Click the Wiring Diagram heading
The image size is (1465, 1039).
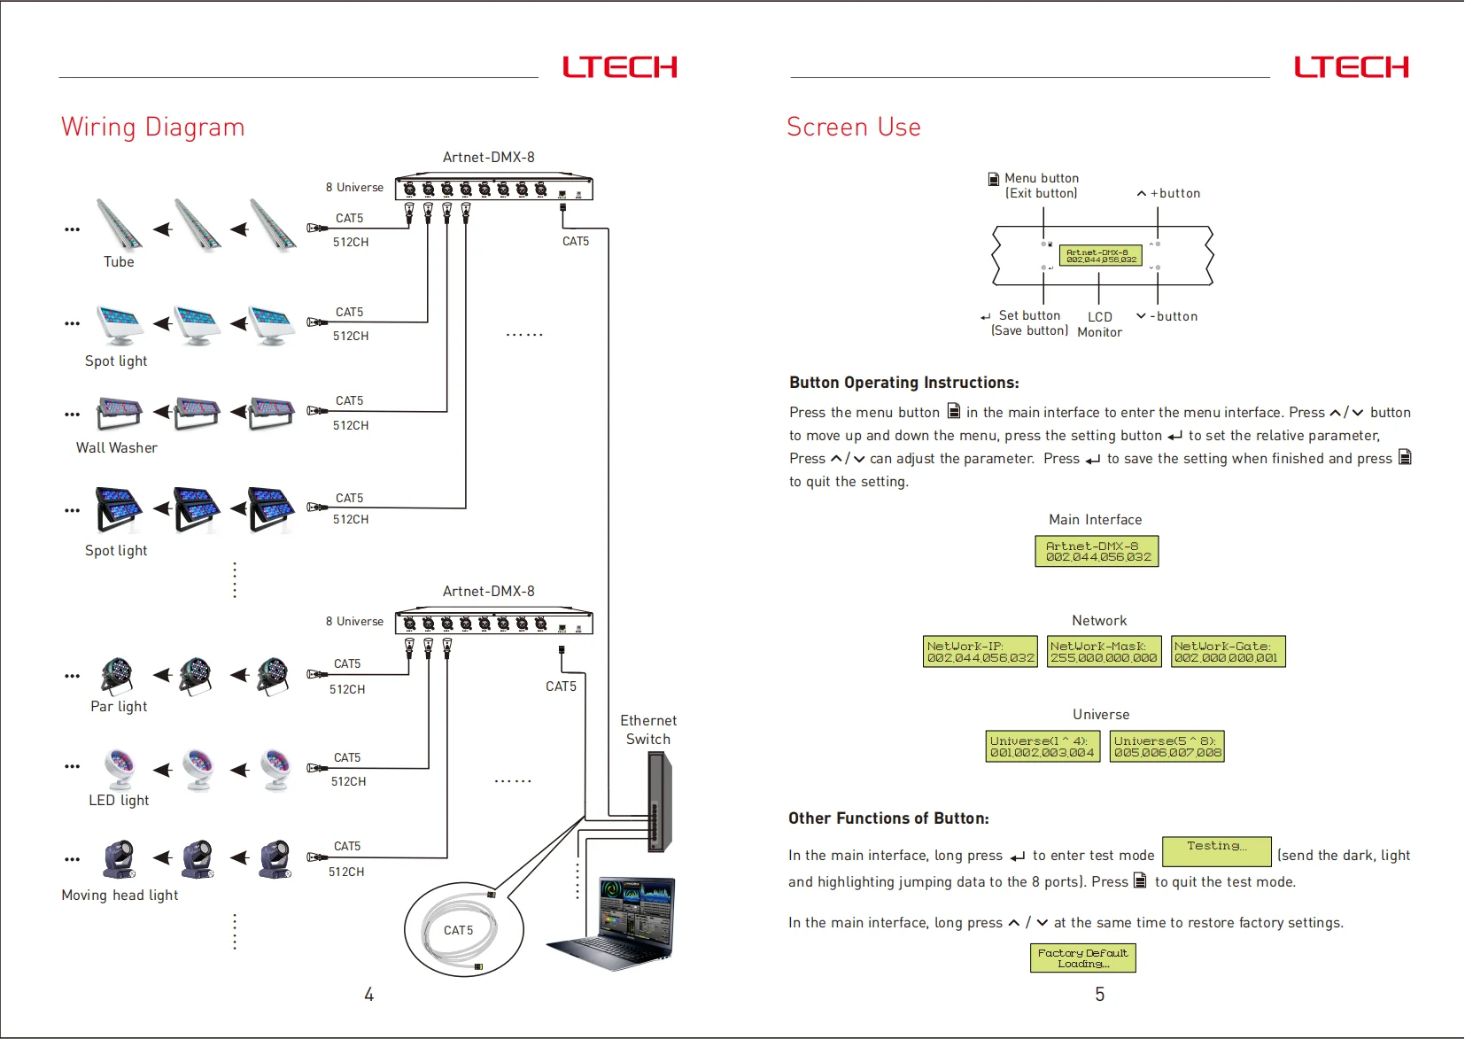tap(152, 128)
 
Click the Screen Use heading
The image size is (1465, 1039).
tap(853, 128)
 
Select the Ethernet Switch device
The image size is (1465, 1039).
tap(660, 801)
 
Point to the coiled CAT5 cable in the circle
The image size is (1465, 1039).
tap(462, 929)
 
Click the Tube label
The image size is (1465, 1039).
tap(119, 262)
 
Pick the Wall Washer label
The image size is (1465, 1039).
tap(117, 448)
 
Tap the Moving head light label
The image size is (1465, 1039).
tap(120, 896)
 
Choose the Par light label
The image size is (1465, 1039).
tap(119, 707)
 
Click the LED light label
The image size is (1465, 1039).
tap(119, 801)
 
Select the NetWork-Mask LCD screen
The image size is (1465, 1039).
tap(1104, 652)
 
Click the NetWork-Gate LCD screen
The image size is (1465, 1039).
tap(1228, 652)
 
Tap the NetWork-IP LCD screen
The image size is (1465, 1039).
tap(981, 652)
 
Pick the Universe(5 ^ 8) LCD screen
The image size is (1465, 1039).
tap(1168, 747)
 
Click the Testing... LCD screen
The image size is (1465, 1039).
tap(1216, 851)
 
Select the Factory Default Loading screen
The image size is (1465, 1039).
tap(1082, 958)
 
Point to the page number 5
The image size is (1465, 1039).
tap(1099, 995)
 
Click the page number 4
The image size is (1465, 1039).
tap(369, 995)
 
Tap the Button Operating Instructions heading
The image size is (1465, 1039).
tap(903, 383)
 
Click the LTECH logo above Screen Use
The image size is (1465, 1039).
tap(1351, 67)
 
